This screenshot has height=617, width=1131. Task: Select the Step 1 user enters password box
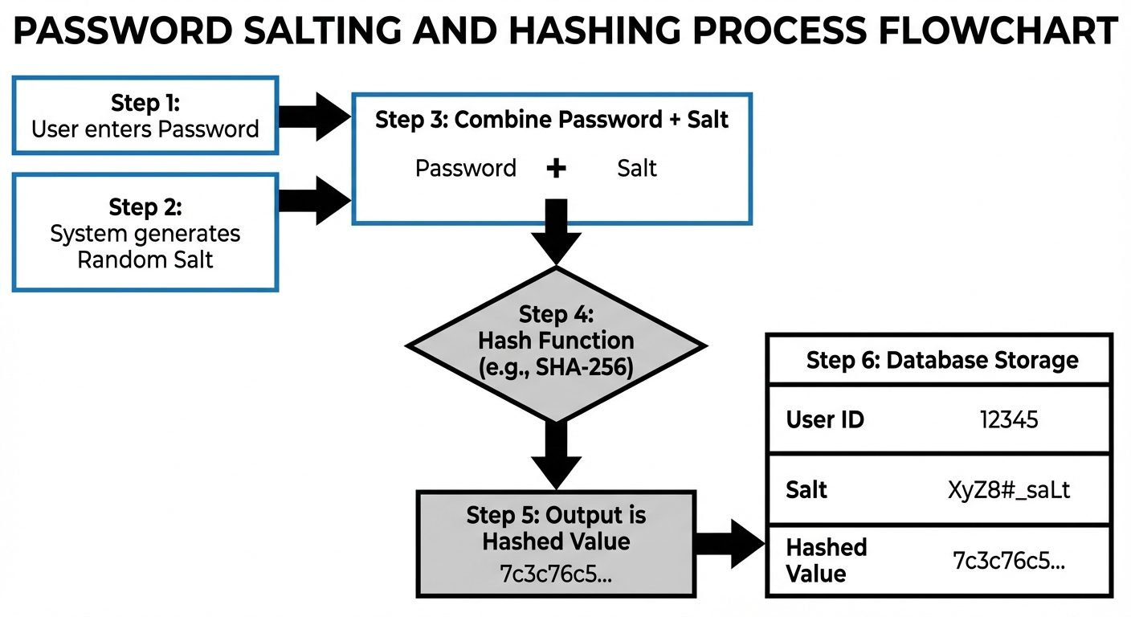coord(145,116)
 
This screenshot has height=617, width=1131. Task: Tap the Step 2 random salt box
coord(145,233)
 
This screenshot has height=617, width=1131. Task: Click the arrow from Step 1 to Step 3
coord(315,116)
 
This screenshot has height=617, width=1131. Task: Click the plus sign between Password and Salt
coord(556,169)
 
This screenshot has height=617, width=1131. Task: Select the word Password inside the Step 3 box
coord(466,169)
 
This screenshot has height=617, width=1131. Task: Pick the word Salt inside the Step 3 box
coord(637,169)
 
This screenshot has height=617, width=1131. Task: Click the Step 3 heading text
coord(552,121)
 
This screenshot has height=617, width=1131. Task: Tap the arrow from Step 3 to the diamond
coord(556,229)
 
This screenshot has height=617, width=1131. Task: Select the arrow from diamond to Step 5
coord(556,452)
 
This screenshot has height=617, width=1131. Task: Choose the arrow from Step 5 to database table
coord(729,546)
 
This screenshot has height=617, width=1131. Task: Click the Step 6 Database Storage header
coord(941,360)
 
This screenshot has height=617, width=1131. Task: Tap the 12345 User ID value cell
coord(1009,419)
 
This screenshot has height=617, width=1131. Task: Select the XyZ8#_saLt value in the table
coord(1009,489)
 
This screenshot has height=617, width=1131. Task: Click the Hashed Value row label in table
coord(816,560)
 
